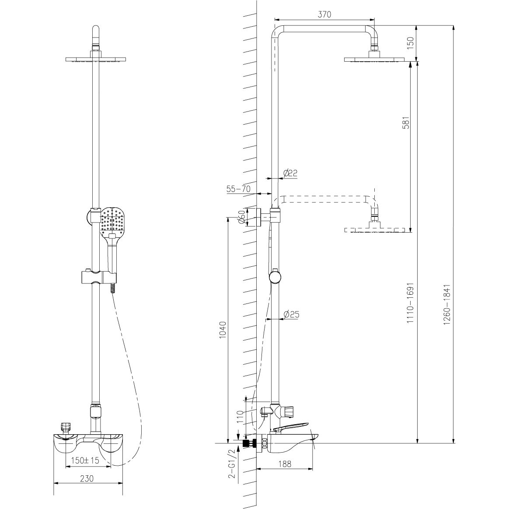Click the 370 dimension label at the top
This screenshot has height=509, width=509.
324,14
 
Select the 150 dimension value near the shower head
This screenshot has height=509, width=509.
410,42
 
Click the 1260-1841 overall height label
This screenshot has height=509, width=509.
447,305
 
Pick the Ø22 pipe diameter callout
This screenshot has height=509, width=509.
290,173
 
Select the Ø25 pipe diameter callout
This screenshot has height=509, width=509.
291,314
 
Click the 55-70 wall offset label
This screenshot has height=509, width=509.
239,189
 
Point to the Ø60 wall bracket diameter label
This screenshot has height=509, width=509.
241,216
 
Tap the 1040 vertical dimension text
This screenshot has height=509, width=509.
223,330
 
